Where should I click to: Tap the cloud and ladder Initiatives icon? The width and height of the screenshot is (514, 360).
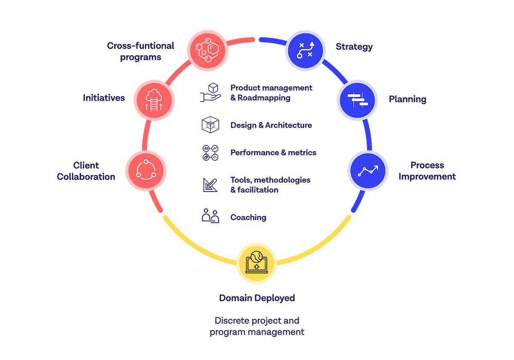154,99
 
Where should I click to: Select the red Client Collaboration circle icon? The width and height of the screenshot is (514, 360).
146,170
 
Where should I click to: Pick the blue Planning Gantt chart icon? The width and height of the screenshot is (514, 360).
357,100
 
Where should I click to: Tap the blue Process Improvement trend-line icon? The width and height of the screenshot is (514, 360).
368,170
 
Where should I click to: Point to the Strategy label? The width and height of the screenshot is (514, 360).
354,47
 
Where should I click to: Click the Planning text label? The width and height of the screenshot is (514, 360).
408,99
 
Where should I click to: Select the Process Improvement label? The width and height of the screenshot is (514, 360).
427,171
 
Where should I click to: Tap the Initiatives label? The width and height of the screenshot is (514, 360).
104,98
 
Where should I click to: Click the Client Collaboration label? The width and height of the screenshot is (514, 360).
86,171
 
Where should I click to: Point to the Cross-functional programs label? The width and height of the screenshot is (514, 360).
140,51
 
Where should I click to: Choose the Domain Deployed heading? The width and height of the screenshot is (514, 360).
257,298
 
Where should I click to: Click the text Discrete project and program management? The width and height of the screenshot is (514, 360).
257,326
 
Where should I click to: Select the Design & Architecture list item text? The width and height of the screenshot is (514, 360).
271,125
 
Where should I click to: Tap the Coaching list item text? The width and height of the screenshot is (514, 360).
248,217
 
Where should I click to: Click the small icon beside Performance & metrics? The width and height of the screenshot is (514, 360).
210,153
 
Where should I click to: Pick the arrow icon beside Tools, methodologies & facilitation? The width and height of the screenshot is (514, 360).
210,184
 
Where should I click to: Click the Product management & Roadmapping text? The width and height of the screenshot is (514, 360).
271,93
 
